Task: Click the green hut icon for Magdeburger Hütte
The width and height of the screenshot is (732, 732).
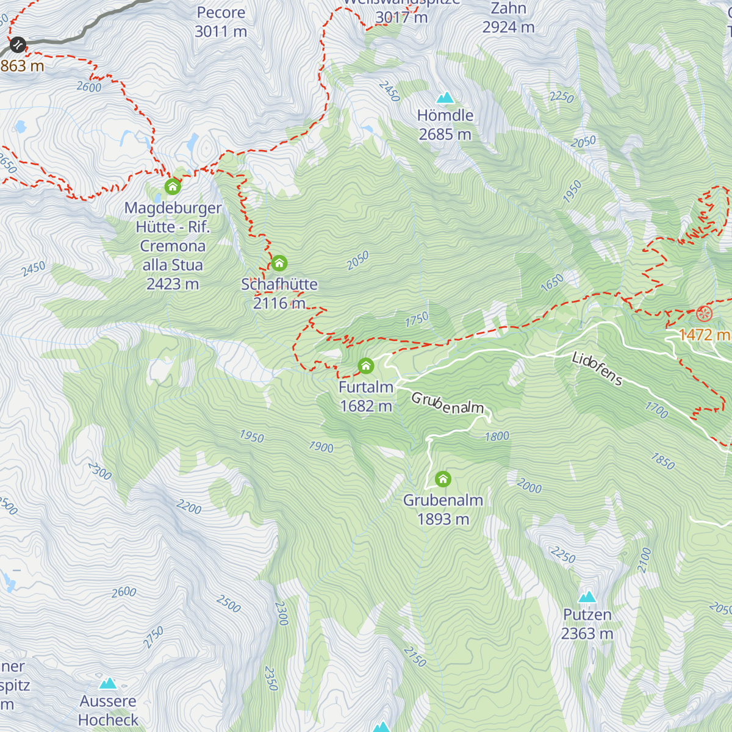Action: tap(173, 186)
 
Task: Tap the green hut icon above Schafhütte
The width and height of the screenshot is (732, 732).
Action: tap(279, 264)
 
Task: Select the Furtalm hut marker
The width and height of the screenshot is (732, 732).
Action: tap(365, 366)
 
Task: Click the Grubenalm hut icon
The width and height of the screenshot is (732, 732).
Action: tap(443, 479)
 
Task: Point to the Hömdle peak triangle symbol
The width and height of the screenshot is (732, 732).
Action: tap(445, 98)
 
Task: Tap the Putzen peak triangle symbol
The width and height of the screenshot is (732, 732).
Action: tap(587, 597)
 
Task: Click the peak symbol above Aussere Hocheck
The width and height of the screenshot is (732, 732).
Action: tap(108, 683)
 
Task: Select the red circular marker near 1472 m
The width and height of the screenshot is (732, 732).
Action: tap(704, 314)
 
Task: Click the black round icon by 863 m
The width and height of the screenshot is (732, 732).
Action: tap(17, 44)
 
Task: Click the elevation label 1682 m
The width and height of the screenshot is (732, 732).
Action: tap(366, 406)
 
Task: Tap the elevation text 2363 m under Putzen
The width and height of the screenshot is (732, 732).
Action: tap(587, 634)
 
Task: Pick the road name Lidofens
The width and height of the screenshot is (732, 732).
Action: tap(597, 368)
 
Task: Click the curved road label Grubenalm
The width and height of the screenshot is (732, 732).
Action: tap(447, 404)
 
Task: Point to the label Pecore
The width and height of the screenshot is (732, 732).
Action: tap(221, 13)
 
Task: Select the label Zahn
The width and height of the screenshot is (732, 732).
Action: tap(508, 9)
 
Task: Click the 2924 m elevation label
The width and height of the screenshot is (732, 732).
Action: tap(508, 27)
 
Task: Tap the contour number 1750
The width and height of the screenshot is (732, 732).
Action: tap(417, 320)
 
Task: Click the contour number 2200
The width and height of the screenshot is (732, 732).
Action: tap(188, 506)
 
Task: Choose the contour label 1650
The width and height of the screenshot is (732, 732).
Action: tap(552, 283)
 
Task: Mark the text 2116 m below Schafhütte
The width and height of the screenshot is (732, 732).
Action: tap(279, 303)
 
